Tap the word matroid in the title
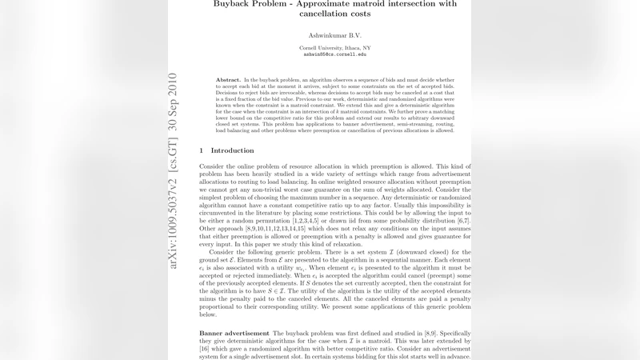point(366,4)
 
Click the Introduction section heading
point(232,150)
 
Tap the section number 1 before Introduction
point(201,150)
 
